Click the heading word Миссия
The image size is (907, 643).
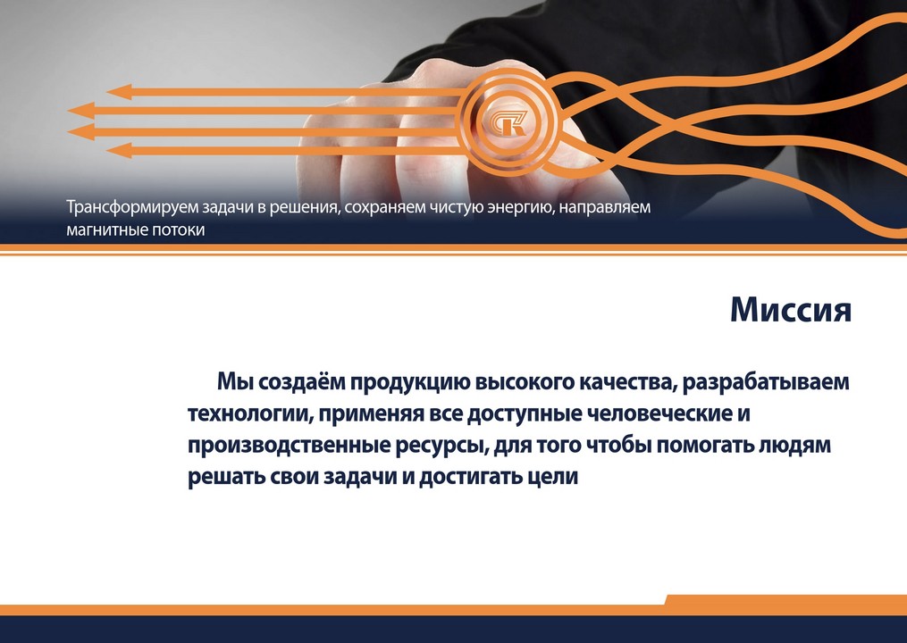coord(790,309)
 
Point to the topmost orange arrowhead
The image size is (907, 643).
coord(119,91)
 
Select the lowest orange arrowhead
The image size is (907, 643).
coord(119,151)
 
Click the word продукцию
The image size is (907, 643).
coord(407,382)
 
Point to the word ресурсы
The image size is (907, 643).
coord(437,446)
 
